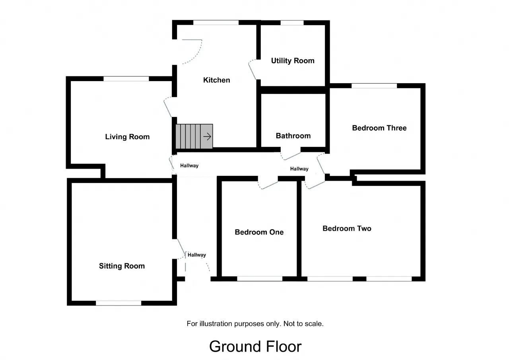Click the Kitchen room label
217,80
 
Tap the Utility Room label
293,61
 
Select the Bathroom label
293,136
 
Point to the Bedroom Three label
379,128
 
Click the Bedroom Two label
347,228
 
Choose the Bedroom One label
259,232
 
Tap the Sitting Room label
122,266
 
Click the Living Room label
127,137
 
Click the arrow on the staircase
207,136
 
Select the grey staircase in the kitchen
194,136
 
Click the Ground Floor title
255,346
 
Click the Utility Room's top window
292,23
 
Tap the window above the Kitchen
216,23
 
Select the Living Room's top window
126,79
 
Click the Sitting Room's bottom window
119,303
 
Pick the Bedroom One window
260,279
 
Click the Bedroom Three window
374,86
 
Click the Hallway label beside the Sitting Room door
197,255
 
